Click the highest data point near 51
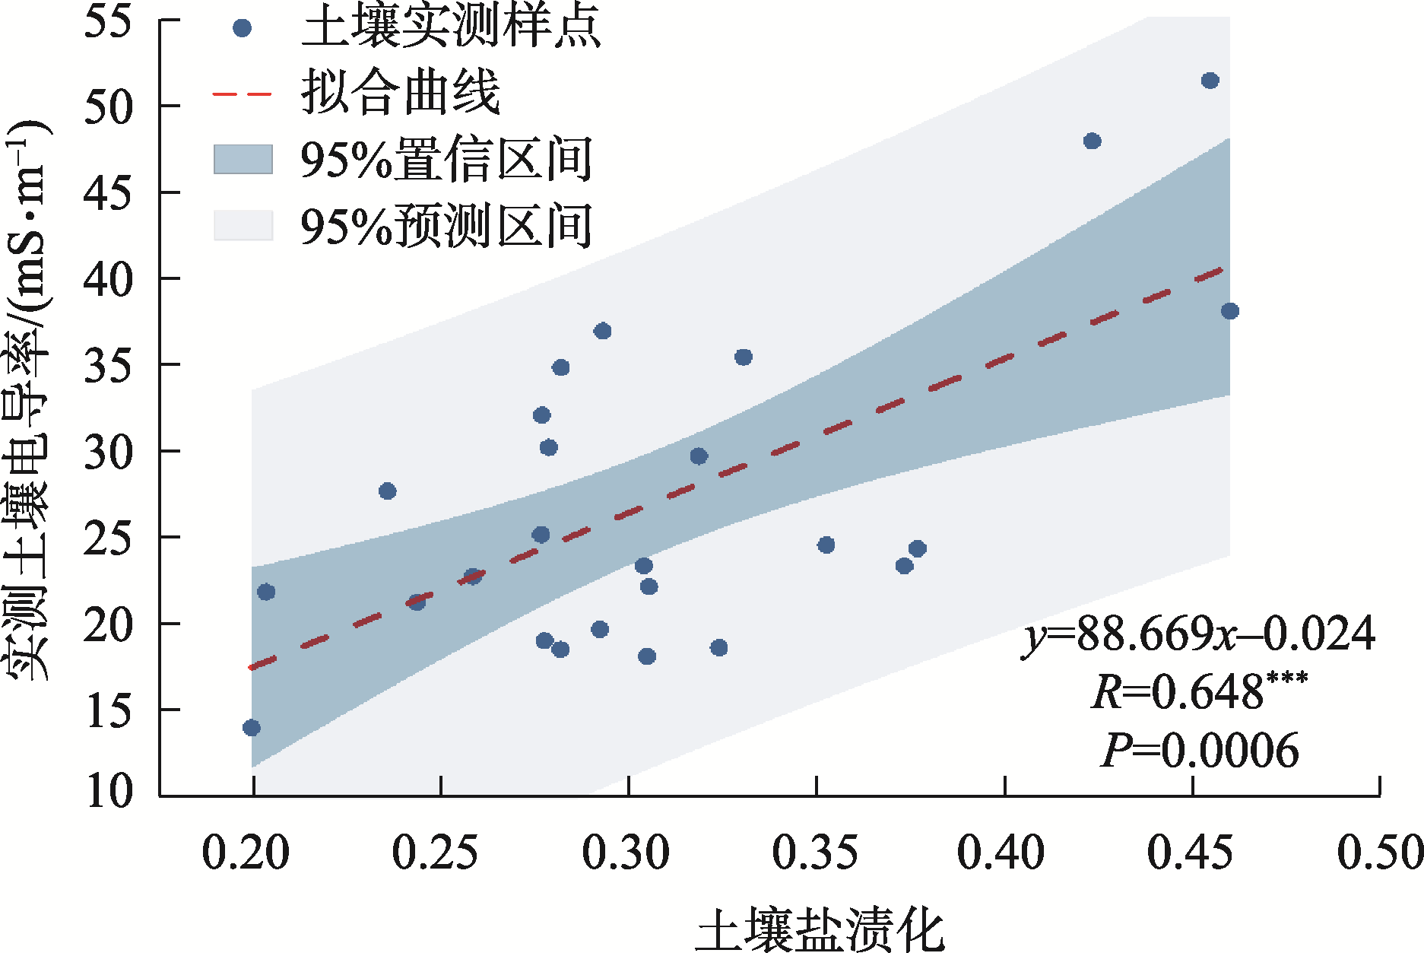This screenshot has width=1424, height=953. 1210,81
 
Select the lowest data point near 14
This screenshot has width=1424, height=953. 252,728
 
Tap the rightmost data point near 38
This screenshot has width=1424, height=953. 1229,311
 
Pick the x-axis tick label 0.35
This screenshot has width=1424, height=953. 815,853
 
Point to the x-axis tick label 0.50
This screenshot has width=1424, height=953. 1380,853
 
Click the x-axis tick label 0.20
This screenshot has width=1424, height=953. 246,853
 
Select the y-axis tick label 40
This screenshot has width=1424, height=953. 109,279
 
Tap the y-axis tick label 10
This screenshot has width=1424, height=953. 109,791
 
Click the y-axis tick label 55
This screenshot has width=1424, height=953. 109,21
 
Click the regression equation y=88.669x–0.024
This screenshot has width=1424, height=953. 1198,634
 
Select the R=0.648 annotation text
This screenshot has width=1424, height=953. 1199,691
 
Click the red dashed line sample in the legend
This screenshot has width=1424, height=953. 242,94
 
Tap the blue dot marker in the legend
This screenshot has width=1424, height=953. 242,29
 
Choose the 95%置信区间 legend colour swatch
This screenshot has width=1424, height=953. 243,160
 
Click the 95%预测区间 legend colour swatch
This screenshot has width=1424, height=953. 243,226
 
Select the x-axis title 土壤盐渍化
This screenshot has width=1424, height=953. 820,929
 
